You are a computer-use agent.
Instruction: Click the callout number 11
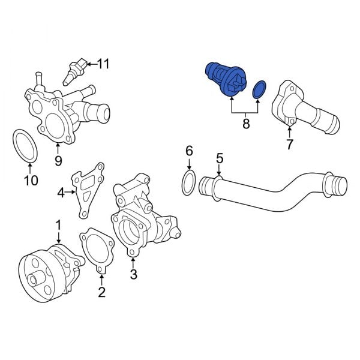[104, 63]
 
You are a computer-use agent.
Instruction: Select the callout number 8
[246, 125]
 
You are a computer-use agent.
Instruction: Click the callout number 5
[219, 158]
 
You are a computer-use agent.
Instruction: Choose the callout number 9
[58, 160]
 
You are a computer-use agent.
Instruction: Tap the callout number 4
[61, 193]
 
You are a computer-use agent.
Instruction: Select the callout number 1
[59, 225]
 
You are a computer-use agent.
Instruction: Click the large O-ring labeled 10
[25, 146]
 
